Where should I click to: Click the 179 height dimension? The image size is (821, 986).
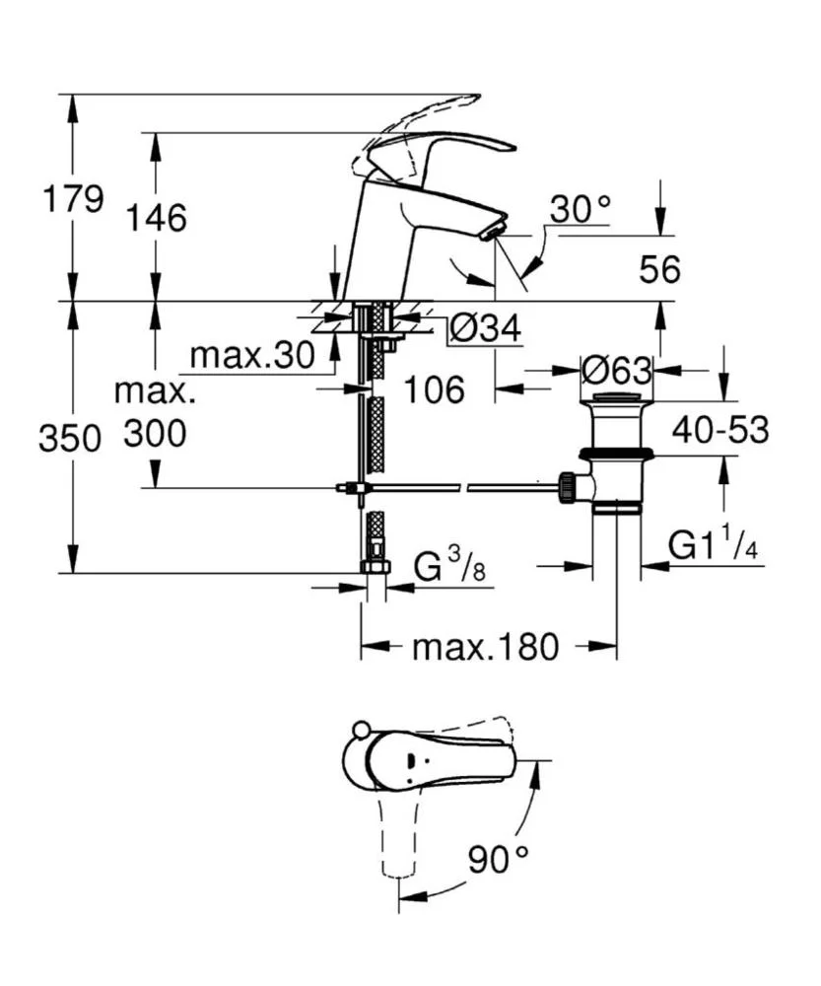[72, 199]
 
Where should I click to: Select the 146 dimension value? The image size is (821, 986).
[156, 217]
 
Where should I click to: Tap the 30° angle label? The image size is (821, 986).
[581, 209]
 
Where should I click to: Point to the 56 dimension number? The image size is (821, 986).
[657, 269]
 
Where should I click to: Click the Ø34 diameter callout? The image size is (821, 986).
[484, 329]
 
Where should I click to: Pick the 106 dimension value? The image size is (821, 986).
[434, 389]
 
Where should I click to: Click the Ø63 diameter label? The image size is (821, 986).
[617, 371]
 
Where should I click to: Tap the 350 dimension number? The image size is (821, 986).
[70, 439]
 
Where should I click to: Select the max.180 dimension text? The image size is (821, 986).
[485, 648]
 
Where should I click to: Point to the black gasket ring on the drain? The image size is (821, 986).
[617, 455]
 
